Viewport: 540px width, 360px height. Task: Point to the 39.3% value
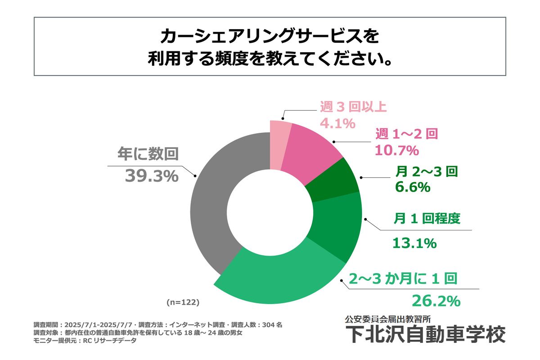(x=151, y=176)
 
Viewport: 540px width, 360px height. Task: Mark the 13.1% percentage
(x=414, y=243)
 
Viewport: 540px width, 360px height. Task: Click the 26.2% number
(x=436, y=299)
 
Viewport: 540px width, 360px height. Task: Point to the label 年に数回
(x=148, y=154)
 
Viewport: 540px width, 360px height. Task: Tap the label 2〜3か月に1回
(x=403, y=279)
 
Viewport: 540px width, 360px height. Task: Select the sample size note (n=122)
(x=183, y=301)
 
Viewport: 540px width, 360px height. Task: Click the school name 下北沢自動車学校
(x=425, y=335)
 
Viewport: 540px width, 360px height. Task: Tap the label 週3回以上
(x=353, y=107)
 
